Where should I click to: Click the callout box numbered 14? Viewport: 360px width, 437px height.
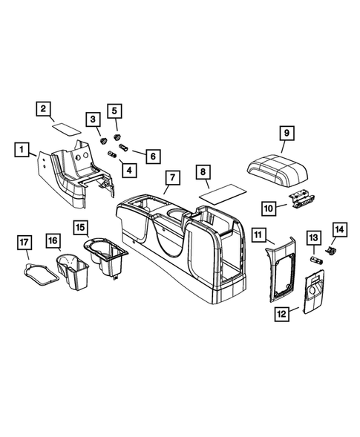(x=339, y=231)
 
